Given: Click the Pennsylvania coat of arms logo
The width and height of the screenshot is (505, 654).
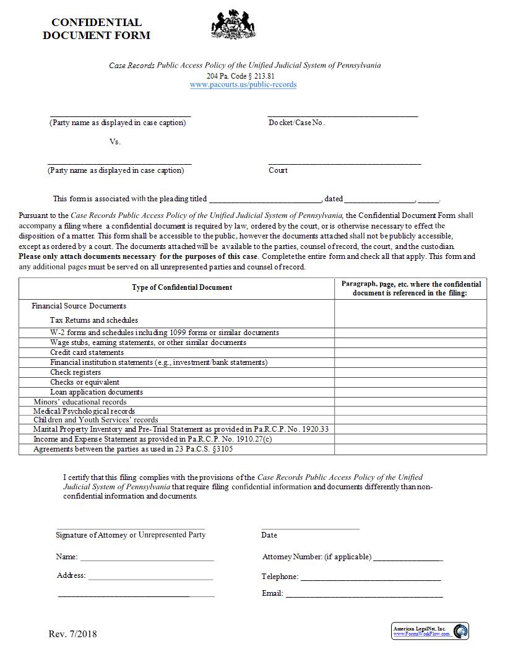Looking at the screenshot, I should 233,25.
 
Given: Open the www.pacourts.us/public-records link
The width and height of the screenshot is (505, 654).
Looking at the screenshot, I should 243,85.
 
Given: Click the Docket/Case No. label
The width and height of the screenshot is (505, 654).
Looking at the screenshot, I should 296,123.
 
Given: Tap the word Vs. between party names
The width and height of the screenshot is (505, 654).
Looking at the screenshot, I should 115,142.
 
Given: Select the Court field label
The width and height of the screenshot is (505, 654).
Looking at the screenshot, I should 278,170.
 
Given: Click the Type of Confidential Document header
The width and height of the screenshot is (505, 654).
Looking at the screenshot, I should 182,287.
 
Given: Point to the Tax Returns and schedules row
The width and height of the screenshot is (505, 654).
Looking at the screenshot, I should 93,320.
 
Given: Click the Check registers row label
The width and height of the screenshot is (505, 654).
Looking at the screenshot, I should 76,372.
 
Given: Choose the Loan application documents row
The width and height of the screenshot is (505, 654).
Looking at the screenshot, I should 97,392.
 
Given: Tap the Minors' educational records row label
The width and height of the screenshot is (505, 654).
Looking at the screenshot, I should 80,402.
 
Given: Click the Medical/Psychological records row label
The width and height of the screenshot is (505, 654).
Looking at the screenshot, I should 84,411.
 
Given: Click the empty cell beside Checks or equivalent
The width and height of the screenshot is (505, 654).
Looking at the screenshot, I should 410,382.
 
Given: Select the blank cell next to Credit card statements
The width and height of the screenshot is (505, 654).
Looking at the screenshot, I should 410,352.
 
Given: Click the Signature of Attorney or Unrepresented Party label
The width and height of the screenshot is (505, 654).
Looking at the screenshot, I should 131,534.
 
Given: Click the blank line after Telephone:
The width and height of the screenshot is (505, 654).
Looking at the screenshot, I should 370,577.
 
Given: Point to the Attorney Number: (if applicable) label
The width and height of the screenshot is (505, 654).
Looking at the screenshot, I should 316,557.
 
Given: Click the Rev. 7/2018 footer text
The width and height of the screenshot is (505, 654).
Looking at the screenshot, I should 72,634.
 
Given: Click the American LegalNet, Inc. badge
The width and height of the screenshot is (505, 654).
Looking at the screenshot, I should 430,631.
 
